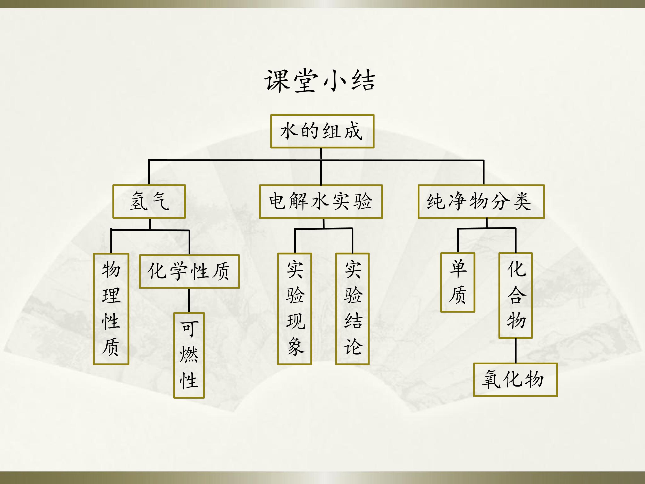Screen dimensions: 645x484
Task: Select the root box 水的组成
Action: [322, 131]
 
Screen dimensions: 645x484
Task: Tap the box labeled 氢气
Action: [149, 201]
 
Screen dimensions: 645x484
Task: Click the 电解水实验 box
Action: [321, 201]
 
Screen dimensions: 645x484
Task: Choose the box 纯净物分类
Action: [481, 201]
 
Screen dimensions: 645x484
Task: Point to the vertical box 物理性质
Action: [111, 309]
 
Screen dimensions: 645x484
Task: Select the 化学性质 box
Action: [189, 271]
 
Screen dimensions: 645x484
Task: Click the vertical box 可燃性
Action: [189, 355]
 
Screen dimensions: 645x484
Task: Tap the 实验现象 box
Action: [295, 309]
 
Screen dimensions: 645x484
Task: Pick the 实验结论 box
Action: [353, 309]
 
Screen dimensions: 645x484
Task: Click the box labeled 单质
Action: [458, 282]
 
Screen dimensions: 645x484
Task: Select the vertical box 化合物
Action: [516, 296]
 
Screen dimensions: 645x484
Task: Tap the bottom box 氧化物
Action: [515, 380]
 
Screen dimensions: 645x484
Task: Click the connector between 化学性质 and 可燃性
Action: [189, 300]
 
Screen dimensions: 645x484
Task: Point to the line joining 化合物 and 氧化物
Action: [516, 351]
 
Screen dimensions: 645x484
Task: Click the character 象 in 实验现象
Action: [295, 347]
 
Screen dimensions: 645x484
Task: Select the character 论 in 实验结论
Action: [353, 347]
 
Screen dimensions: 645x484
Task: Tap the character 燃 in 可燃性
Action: [189, 355]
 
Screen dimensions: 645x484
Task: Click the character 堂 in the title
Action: [305, 81]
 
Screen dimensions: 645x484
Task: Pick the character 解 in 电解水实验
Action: [299, 201]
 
